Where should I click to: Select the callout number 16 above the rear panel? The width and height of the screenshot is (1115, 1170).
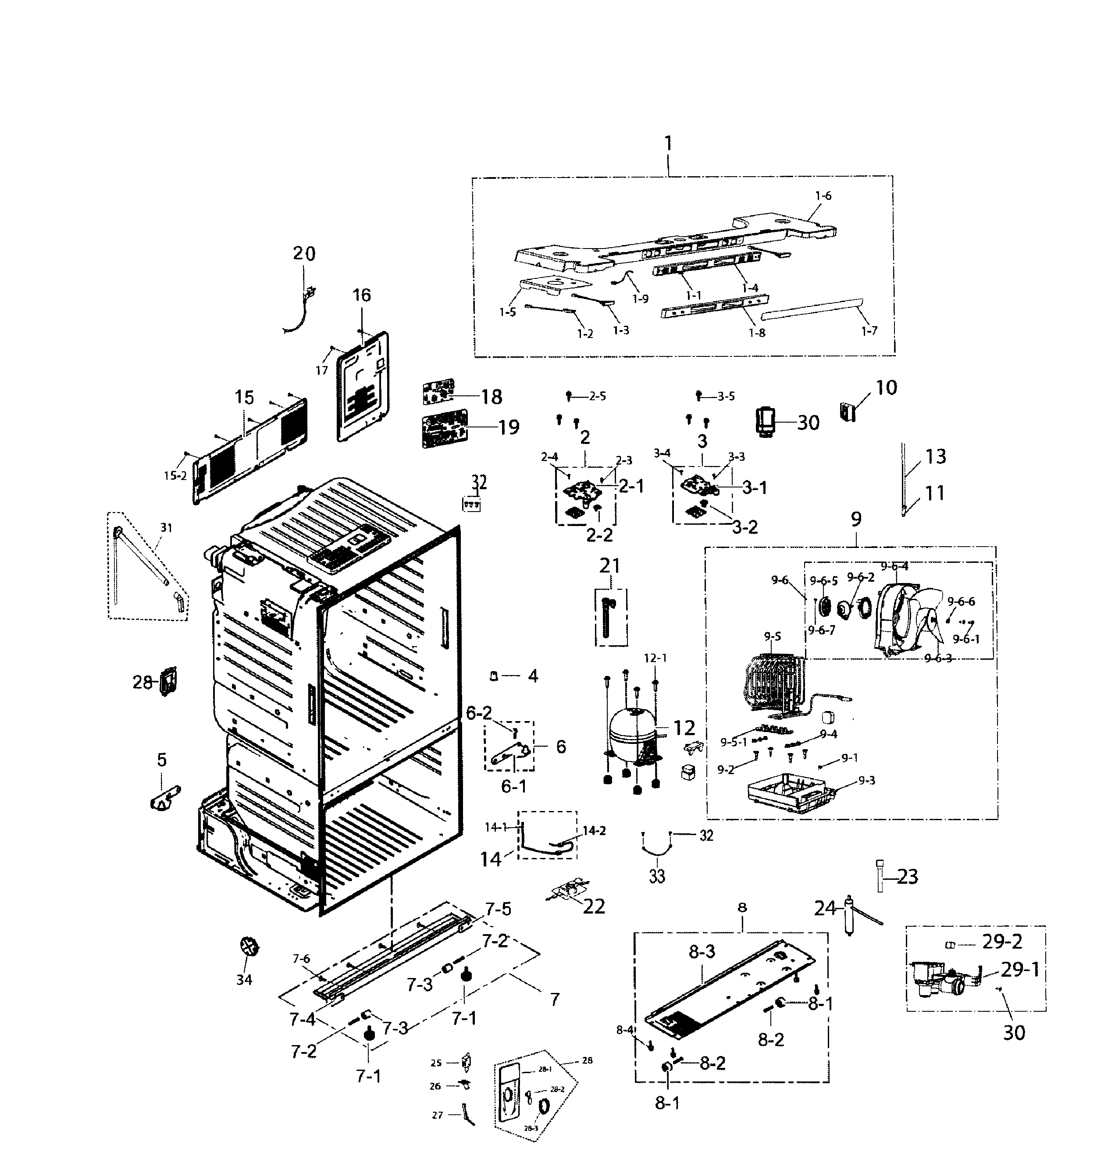[x=361, y=295]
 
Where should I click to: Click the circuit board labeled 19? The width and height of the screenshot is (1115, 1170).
[x=443, y=428]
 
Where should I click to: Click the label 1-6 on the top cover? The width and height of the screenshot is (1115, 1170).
[x=823, y=196]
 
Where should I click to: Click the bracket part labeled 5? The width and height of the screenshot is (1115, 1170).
[x=164, y=797]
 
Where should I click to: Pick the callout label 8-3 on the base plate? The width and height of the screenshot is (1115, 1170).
[x=702, y=951]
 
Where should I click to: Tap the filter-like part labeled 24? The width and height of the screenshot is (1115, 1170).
[x=849, y=915]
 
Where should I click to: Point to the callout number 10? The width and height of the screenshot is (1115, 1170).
[x=886, y=388]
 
